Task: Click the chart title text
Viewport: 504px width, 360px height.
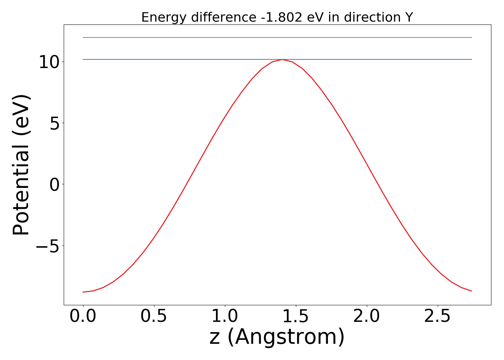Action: [277, 17]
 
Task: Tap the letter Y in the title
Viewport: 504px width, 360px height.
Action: [409, 17]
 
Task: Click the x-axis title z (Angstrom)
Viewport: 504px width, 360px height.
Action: [277, 337]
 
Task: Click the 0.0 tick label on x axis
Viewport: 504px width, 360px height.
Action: [83, 317]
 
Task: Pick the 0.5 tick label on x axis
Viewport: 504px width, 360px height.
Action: [154, 317]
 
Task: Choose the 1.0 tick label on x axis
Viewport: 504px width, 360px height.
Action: [225, 317]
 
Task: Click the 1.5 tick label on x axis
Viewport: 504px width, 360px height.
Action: [296, 317]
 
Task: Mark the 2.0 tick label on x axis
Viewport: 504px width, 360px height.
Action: [366, 317]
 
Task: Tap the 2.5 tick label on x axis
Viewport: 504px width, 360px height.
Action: [437, 317]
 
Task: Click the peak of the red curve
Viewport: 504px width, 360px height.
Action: [283, 60]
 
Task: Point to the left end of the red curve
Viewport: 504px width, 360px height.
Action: [83, 292]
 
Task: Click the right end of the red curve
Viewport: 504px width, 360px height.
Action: [472, 291]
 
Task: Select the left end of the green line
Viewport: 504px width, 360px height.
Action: [83, 37]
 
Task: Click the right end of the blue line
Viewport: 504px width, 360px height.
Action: [472, 59]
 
